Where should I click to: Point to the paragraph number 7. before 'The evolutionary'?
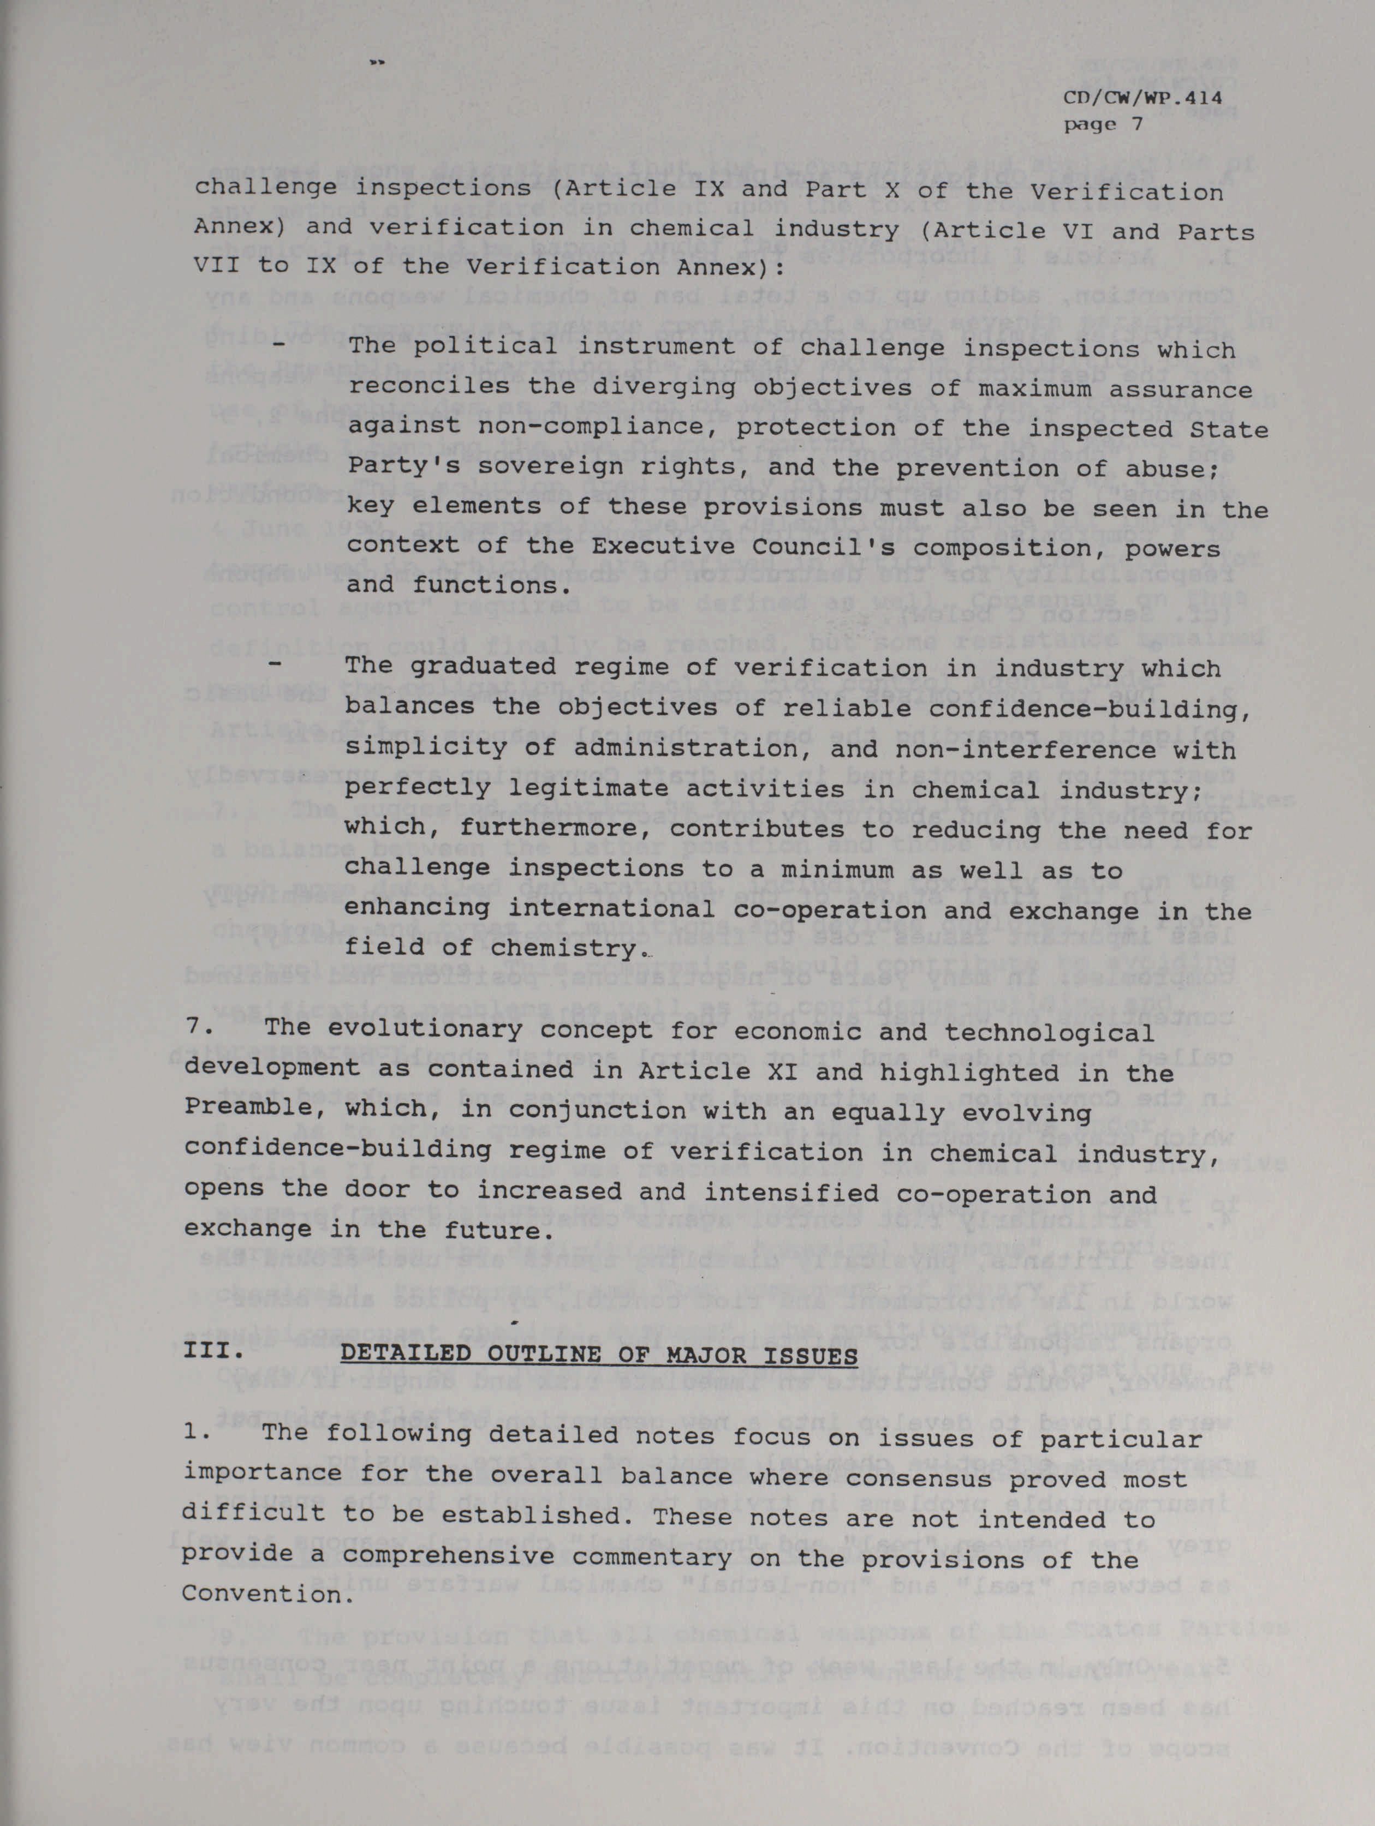coord(198,1032)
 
